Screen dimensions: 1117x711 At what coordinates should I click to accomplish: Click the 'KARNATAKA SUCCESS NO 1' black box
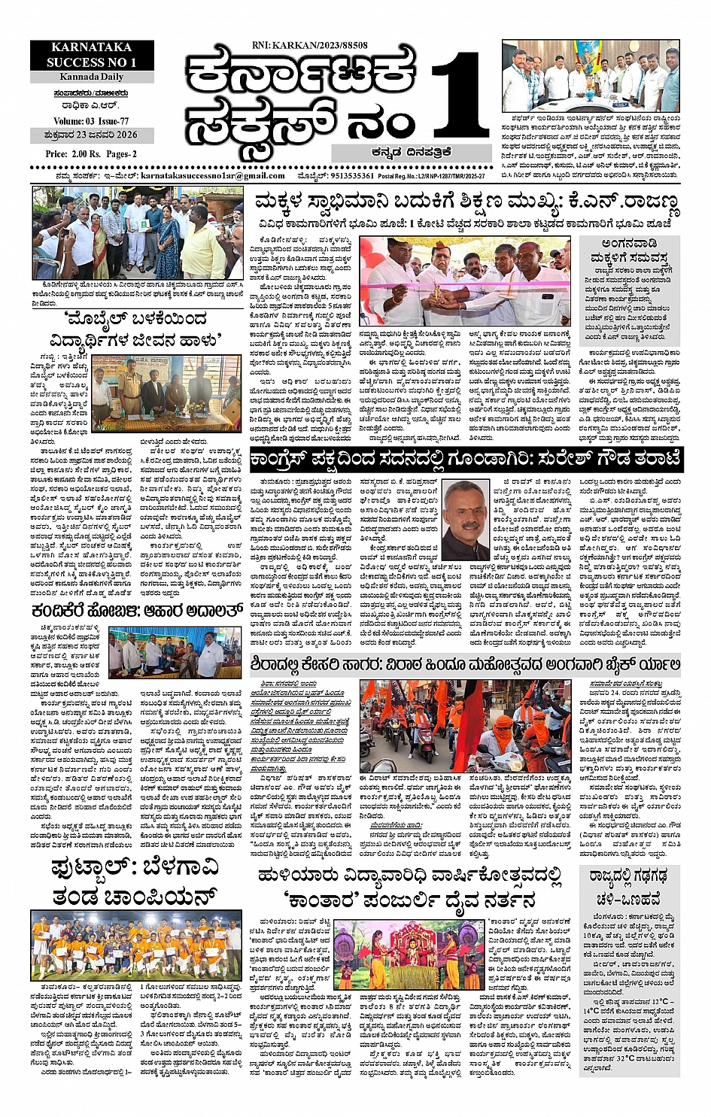[92, 55]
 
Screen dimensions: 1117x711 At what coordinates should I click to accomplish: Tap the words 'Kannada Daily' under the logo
[91, 77]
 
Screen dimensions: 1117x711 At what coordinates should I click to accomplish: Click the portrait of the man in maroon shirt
[464, 518]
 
